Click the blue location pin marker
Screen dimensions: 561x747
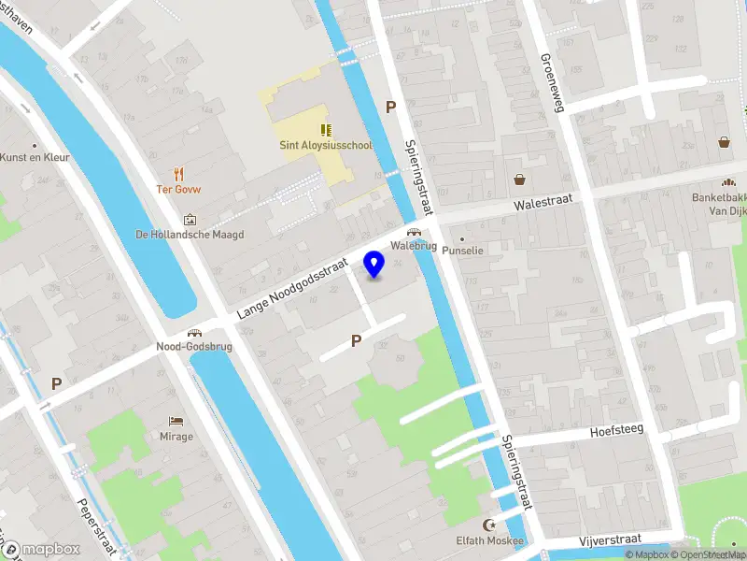(x=374, y=264)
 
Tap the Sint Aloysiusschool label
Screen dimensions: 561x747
(x=326, y=146)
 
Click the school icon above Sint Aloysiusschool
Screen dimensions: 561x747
(x=326, y=130)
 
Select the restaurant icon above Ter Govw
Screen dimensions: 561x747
(x=179, y=173)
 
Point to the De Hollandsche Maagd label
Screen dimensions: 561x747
(x=190, y=235)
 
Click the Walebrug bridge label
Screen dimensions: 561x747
(x=413, y=247)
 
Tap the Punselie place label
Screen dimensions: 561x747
(x=463, y=251)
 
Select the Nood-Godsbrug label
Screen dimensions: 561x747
(x=194, y=346)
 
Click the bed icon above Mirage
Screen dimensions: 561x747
(x=176, y=421)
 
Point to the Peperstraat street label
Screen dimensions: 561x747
(x=94, y=513)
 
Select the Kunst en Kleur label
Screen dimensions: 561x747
(x=35, y=157)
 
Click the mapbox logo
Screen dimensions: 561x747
(x=43, y=549)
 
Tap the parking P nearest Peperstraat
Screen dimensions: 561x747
(x=56, y=383)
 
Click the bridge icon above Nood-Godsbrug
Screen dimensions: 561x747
(x=194, y=332)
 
